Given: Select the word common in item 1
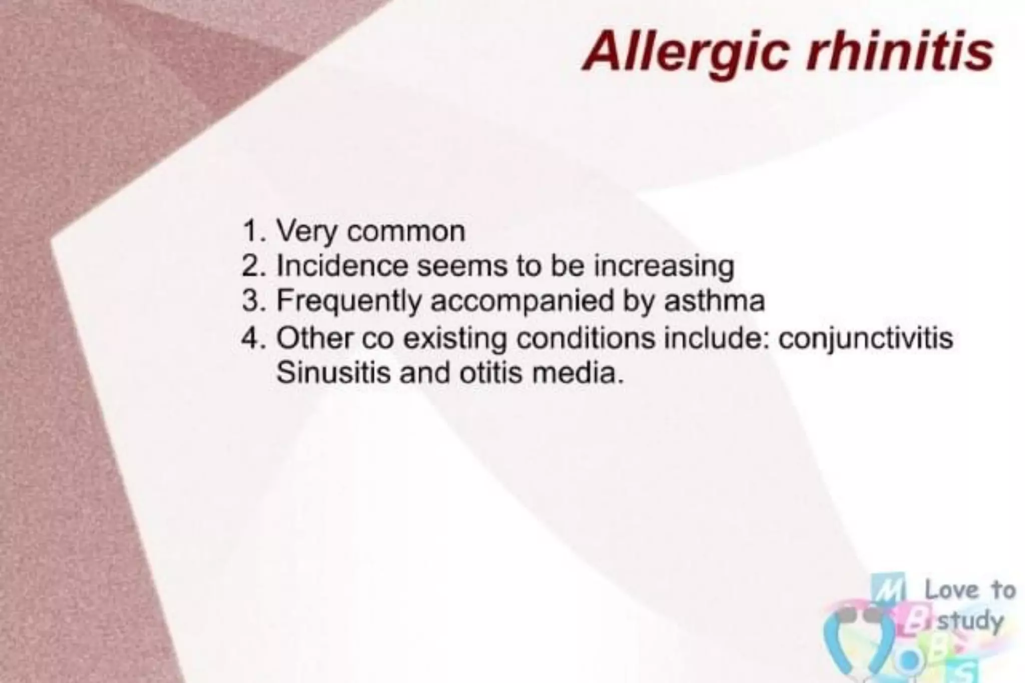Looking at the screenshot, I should pyautogui.click(x=406, y=232).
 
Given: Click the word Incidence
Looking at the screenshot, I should pyautogui.click(x=342, y=266).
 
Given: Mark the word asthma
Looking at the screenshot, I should pyautogui.click(x=714, y=301).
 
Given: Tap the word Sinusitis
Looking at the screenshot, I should pyautogui.click(x=333, y=373).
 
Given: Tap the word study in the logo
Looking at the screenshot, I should pyautogui.click(x=970, y=621).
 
